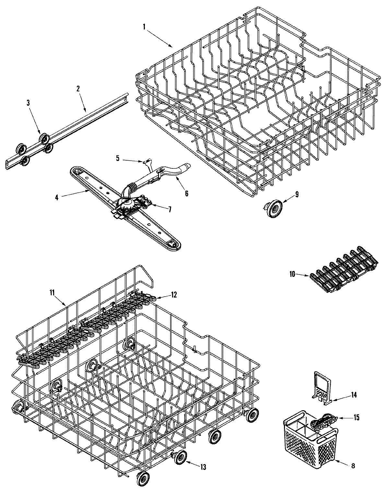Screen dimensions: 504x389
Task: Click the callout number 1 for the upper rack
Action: coord(144,27)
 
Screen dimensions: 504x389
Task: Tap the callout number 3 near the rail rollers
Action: coord(28,103)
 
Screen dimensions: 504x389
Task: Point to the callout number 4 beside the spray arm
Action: coord(57,197)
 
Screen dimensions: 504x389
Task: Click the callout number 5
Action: coord(118,158)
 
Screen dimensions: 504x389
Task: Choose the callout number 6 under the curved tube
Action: coord(186,193)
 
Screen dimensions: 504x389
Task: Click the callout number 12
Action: coord(174,294)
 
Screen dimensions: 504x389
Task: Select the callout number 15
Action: coord(356,417)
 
